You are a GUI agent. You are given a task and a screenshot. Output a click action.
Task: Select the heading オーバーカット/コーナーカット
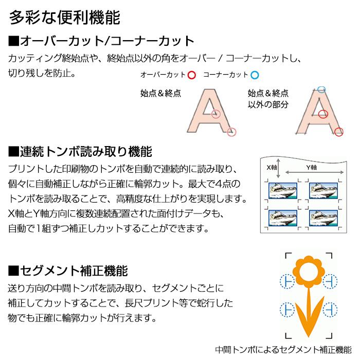pyautogui.click(x=101, y=41)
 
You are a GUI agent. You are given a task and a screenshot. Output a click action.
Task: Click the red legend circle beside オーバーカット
pyautogui.click(x=192, y=75)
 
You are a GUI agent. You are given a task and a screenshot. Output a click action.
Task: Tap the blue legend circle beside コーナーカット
pyautogui.click(x=255, y=75)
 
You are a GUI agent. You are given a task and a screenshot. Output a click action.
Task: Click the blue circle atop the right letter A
pyautogui.click(x=321, y=89)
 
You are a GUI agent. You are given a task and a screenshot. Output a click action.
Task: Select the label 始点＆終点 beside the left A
pyautogui.click(x=160, y=94)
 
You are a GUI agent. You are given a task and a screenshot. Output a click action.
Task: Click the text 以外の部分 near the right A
pyautogui.click(x=268, y=104)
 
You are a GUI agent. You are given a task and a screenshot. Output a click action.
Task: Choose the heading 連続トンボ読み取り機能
pyautogui.click(x=80, y=152)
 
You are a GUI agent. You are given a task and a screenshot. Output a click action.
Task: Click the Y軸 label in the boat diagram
pyautogui.click(x=312, y=167)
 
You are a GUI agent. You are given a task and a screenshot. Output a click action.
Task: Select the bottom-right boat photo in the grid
pyautogui.click(x=323, y=218)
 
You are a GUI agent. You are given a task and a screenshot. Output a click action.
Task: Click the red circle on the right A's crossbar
pyautogui.click(x=323, y=113)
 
